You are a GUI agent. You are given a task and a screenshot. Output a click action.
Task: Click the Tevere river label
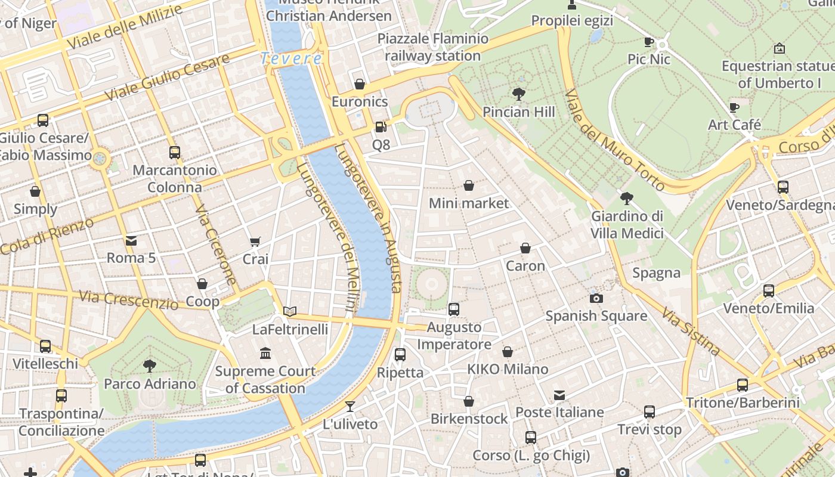coord(291,58)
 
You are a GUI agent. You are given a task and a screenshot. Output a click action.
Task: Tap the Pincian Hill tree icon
coord(518,94)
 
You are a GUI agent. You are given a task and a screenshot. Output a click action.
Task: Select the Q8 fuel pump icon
coord(380,127)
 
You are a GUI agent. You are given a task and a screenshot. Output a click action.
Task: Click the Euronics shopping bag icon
coord(359,84)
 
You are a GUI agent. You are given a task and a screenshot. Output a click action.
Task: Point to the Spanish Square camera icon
coord(596,298)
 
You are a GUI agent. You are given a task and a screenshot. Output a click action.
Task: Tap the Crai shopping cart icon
coord(255,241)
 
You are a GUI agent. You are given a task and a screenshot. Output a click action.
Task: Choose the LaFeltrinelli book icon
coord(290,311)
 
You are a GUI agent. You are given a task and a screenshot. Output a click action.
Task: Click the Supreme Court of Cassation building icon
coord(265,354)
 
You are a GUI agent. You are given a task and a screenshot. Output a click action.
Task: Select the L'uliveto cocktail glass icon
coord(350,407)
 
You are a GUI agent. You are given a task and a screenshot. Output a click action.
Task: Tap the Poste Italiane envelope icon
coord(559,395)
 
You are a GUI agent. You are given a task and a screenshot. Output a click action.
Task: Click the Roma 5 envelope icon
coord(131,240)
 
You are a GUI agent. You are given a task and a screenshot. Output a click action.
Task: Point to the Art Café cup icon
coord(734,107)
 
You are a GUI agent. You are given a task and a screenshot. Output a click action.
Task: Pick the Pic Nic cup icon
coord(649,42)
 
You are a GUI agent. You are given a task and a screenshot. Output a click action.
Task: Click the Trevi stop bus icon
coord(649,411)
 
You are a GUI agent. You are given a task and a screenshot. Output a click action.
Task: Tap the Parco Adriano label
coord(150,383)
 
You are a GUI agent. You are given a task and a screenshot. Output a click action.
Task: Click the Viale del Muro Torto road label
coord(614,141)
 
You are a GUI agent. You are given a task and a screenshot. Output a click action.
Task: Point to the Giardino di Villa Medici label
coord(627,224)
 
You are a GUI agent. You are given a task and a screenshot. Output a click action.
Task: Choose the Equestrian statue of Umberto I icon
coord(779,48)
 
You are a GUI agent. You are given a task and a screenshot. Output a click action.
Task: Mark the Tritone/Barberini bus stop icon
coord(742,385)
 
